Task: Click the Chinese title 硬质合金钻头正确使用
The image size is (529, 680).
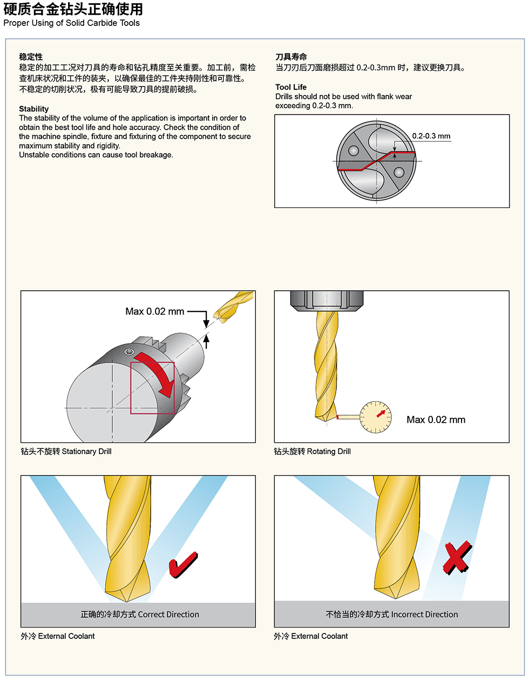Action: pos(73,9)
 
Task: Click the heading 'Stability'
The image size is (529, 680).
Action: pos(33,109)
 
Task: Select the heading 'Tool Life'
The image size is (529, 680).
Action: pos(290,87)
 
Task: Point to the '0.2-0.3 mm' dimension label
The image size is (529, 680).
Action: pos(431,136)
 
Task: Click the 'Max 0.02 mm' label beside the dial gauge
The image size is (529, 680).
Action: pos(436,419)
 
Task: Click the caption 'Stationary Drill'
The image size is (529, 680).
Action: pos(86,451)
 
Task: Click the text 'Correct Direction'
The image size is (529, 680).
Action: pos(168,615)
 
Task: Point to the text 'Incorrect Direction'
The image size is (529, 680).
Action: pos(424,615)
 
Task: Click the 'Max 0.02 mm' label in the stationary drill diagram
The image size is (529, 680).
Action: pos(154,311)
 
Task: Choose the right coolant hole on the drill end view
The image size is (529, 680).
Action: pos(398,172)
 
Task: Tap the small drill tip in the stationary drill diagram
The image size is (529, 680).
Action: pos(233,305)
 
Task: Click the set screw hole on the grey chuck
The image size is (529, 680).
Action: pos(128,352)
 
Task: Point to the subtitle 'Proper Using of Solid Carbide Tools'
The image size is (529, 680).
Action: pos(71,23)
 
